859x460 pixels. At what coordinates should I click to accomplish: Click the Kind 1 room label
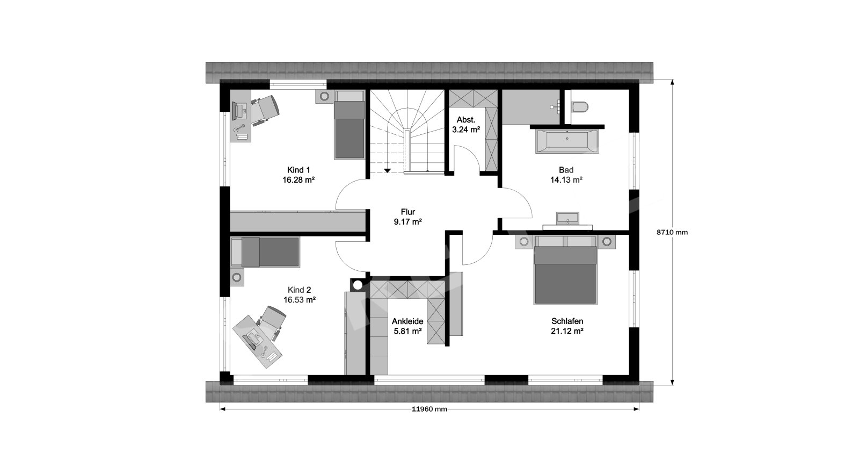(x=299, y=170)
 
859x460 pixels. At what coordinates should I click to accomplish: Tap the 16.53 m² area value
(x=300, y=300)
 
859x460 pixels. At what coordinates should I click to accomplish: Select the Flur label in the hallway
(x=408, y=212)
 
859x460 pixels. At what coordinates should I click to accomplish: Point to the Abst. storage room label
(x=466, y=120)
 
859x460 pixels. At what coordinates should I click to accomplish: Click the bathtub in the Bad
(x=567, y=141)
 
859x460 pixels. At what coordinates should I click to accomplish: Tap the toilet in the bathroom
(x=579, y=107)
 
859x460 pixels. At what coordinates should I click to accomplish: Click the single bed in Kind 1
(x=349, y=125)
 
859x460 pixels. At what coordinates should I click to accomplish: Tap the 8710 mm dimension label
(x=672, y=232)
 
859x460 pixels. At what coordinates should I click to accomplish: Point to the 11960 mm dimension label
(x=429, y=409)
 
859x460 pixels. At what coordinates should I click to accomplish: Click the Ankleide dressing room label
(x=407, y=321)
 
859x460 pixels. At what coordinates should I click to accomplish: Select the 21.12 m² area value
(x=567, y=331)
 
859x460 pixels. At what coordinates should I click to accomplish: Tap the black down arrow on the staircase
(x=387, y=170)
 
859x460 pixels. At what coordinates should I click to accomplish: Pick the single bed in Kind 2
(x=265, y=252)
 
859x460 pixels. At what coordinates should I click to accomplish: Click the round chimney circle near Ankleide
(x=358, y=285)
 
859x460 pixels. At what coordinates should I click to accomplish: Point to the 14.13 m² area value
(x=566, y=179)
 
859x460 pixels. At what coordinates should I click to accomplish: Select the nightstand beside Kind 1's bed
(x=324, y=96)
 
